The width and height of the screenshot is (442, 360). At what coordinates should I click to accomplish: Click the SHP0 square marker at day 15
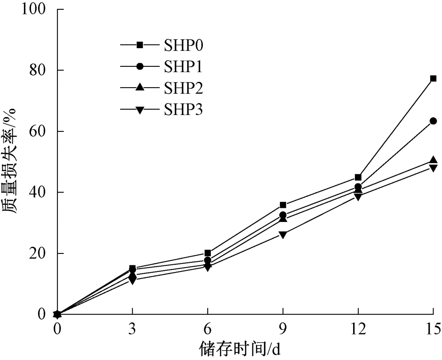click(x=433, y=79)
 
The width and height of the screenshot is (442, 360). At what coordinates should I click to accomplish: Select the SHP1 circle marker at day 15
click(x=433, y=121)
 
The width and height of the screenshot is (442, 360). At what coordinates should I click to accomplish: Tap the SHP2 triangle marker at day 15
click(x=433, y=160)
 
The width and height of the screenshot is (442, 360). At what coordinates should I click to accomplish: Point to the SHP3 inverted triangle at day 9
click(x=283, y=234)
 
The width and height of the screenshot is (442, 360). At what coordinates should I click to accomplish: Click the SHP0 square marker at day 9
click(x=283, y=205)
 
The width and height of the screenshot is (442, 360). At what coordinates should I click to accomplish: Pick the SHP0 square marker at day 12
click(x=358, y=177)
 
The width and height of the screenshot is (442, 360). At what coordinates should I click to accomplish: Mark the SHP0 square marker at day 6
click(x=208, y=253)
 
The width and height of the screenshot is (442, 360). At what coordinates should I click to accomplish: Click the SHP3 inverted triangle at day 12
click(x=358, y=197)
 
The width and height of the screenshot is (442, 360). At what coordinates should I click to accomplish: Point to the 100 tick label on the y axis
click(x=34, y=9)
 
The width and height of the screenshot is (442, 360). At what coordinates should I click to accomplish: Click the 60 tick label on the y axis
click(x=38, y=131)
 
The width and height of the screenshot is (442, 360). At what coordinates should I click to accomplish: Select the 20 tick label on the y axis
click(x=38, y=253)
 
